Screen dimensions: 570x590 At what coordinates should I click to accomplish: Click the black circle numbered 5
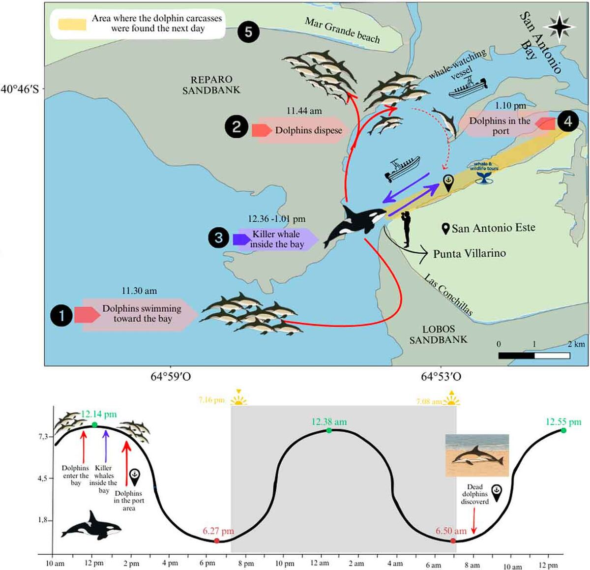click(x=248, y=32)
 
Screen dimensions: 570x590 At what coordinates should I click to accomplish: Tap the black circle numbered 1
click(x=62, y=315)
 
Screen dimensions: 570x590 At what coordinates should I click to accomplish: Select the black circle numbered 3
click(x=219, y=239)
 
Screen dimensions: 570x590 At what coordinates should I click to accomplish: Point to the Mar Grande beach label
click(x=342, y=30)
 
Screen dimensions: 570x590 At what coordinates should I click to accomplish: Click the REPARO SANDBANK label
click(x=211, y=85)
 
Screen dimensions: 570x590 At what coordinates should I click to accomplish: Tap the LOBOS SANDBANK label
click(x=439, y=334)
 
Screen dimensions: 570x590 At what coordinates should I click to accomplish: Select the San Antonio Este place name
click(x=493, y=228)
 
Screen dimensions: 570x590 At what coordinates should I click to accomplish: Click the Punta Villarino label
click(x=469, y=254)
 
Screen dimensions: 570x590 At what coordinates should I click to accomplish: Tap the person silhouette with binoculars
click(x=407, y=229)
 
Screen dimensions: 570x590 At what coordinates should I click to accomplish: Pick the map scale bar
click(x=534, y=355)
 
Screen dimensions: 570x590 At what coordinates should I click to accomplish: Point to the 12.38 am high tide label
click(x=329, y=422)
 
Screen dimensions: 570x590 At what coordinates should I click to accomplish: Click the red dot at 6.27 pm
click(x=217, y=540)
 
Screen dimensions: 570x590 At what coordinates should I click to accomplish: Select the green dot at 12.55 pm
click(x=563, y=430)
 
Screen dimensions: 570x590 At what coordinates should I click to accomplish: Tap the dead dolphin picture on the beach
click(x=477, y=456)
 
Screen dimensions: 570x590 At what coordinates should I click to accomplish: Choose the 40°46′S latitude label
click(x=20, y=90)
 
